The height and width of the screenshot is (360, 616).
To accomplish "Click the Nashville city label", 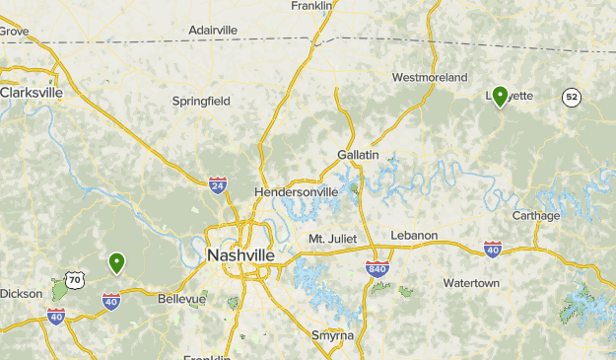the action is tap(240, 254).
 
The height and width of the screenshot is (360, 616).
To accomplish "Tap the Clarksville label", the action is tap(32, 92).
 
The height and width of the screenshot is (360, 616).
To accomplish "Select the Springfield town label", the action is tap(200, 101).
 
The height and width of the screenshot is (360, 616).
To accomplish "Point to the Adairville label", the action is tap(213, 31).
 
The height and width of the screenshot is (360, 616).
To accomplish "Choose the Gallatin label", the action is tap(358, 156).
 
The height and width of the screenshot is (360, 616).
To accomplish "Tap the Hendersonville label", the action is tap(296, 191).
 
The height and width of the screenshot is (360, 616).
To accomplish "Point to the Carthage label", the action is tap(536, 216).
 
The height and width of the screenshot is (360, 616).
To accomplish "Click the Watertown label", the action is tap(471, 283).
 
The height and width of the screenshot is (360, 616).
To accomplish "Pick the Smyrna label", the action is tap(331, 335).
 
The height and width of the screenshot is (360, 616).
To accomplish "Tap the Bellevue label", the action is tap(182, 299).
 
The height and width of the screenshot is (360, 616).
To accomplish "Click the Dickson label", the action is tap(21, 293).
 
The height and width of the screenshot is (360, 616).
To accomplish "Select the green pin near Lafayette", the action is tap(500, 96).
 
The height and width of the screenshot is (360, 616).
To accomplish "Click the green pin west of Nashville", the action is tap(116, 262).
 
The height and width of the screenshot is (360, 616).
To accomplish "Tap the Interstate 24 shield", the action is tap(217, 183).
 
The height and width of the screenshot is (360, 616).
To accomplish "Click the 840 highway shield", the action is tap(376, 269).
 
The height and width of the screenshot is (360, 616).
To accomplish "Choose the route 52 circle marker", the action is tap(571, 97).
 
